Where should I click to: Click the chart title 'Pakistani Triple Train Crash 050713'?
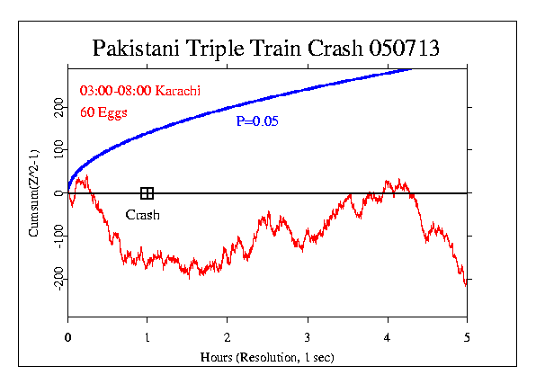pyautogui.click(x=267, y=48)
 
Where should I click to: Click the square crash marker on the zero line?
pyautogui.click(x=147, y=193)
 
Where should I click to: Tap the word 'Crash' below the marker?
pyautogui.click(x=142, y=215)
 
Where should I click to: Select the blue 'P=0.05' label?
pyautogui.click(x=257, y=121)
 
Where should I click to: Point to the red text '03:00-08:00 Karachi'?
pyautogui.click(x=139, y=92)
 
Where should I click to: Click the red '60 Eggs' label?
pyautogui.click(x=104, y=112)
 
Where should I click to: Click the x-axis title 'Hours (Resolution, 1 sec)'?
pyautogui.click(x=267, y=357)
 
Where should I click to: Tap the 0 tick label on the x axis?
pyautogui.click(x=68, y=337)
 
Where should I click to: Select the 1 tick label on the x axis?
pyautogui.click(x=147, y=337)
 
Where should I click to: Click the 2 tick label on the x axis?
pyautogui.click(x=228, y=337)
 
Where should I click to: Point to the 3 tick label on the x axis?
pyautogui.click(x=308, y=337)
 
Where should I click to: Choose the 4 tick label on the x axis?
pyautogui.click(x=388, y=337)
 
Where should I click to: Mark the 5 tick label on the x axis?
pyautogui.click(x=467, y=337)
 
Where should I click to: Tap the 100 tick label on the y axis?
pyautogui.click(x=56, y=150)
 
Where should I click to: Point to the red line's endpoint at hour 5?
pyautogui.click(x=466, y=284)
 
